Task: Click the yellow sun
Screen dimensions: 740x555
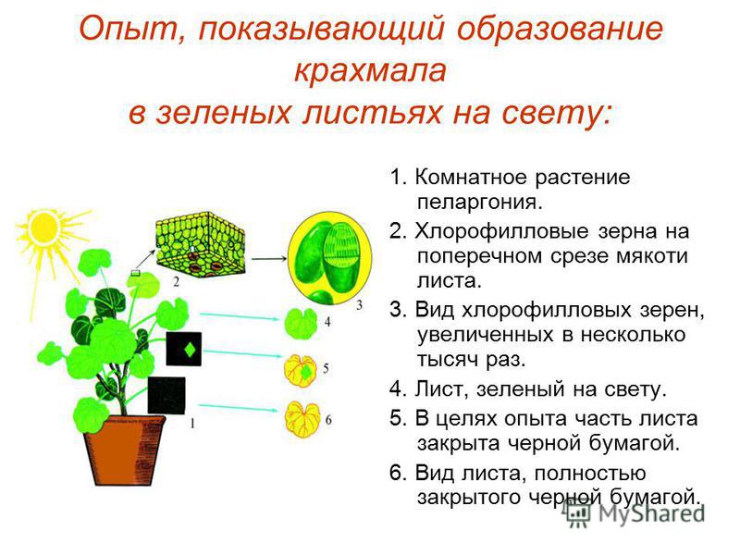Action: [43, 227]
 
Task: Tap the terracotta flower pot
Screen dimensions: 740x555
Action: [125, 450]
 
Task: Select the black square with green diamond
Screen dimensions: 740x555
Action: [184, 349]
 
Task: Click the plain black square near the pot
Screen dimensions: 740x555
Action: [166, 396]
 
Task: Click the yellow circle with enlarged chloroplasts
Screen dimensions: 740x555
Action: [329, 258]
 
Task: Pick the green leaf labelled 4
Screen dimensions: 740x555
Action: [301, 323]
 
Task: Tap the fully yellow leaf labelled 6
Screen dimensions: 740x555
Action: [302, 419]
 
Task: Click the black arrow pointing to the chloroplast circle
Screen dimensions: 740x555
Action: [269, 258]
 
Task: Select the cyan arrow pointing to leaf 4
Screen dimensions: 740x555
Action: [240, 316]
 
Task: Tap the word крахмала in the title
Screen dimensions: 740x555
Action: [370, 71]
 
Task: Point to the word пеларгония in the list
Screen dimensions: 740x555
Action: [480, 203]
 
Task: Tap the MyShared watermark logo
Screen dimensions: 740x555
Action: [635, 512]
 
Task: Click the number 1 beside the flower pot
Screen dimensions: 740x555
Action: [192, 424]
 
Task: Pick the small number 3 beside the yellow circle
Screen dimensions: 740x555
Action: [360, 305]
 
